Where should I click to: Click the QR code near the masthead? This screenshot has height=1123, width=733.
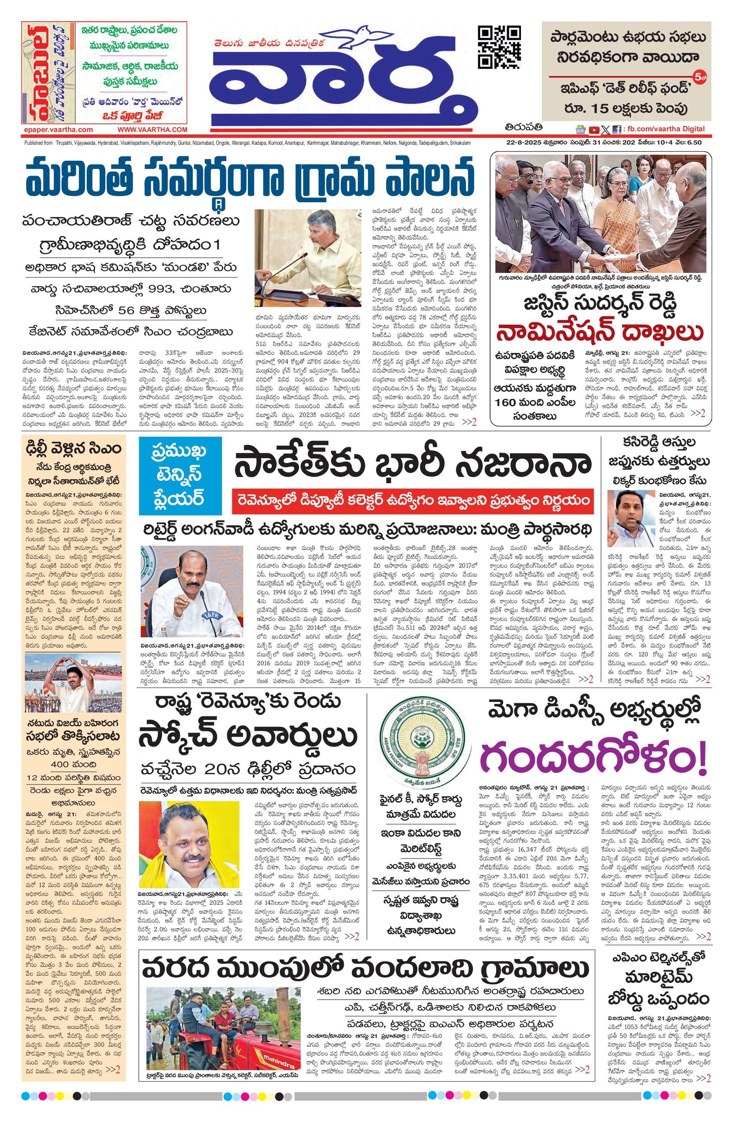[x=499, y=48]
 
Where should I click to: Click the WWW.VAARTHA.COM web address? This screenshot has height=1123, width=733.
[x=153, y=129]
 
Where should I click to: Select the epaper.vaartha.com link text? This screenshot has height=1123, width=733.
[x=58, y=129]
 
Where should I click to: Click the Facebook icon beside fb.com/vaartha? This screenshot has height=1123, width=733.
[x=616, y=130]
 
